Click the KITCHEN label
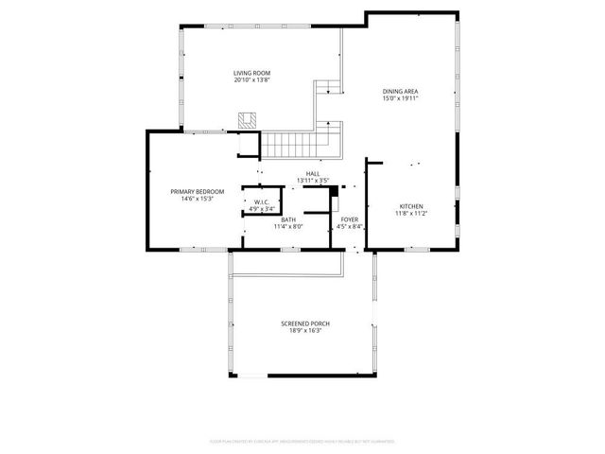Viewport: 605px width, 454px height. click(x=410, y=206)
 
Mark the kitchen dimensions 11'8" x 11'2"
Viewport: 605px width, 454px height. click(x=410, y=214)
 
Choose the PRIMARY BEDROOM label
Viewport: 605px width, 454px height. click(x=191, y=192)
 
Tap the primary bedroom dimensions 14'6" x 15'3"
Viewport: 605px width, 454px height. click(x=191, y=200)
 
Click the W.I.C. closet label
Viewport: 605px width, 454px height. click(x=262, y=201)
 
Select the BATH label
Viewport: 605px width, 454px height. click(x=287, y=219)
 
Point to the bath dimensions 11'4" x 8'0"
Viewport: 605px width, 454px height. click(x=287, y=227)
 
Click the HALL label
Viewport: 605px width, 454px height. click(x=312, y=173)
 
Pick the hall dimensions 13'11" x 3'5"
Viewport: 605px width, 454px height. click(x=312, y=181)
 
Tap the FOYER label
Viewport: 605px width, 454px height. click(x=349, y=219)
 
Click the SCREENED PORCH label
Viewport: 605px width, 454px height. click(x=305, y=323)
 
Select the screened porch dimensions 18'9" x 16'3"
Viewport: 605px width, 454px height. click(x=305, y=331)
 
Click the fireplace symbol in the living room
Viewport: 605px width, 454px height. click(x=247, y=121)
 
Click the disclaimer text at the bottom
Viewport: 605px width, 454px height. click(x=302, y=441)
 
